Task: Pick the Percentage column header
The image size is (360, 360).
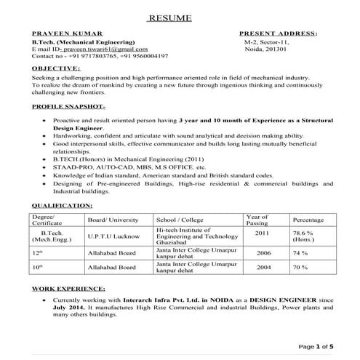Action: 308,220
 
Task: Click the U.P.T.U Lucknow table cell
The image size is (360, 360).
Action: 113,236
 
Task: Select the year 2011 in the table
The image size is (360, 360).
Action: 263,233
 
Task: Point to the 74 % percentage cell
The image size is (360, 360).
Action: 300,253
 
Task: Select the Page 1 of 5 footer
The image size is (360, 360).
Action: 315,346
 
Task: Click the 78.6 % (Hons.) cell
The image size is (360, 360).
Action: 303,236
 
